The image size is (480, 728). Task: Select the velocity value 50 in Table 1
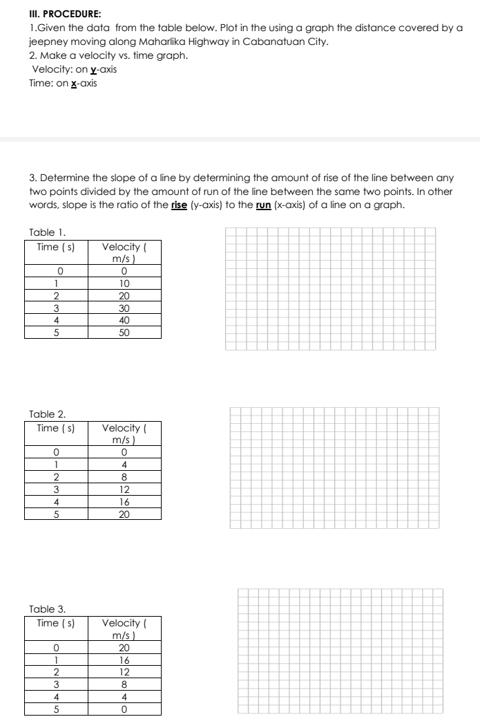pyautogui.click(x=124, y=333)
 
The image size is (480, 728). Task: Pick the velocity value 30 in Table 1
pyautogui.click(x=124, y=308)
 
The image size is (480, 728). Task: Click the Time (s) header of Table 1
pyautogui.click(x=56, y=247)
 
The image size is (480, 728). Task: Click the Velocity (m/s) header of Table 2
pyautogui.click(x=124, y=434)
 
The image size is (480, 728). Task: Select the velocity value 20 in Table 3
pyautogui.click(x=124, y=648)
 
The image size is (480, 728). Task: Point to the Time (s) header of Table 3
pyautogui.click(x=56, y=624)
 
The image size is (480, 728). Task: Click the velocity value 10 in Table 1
pyautogui.click(x=124, y=283)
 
